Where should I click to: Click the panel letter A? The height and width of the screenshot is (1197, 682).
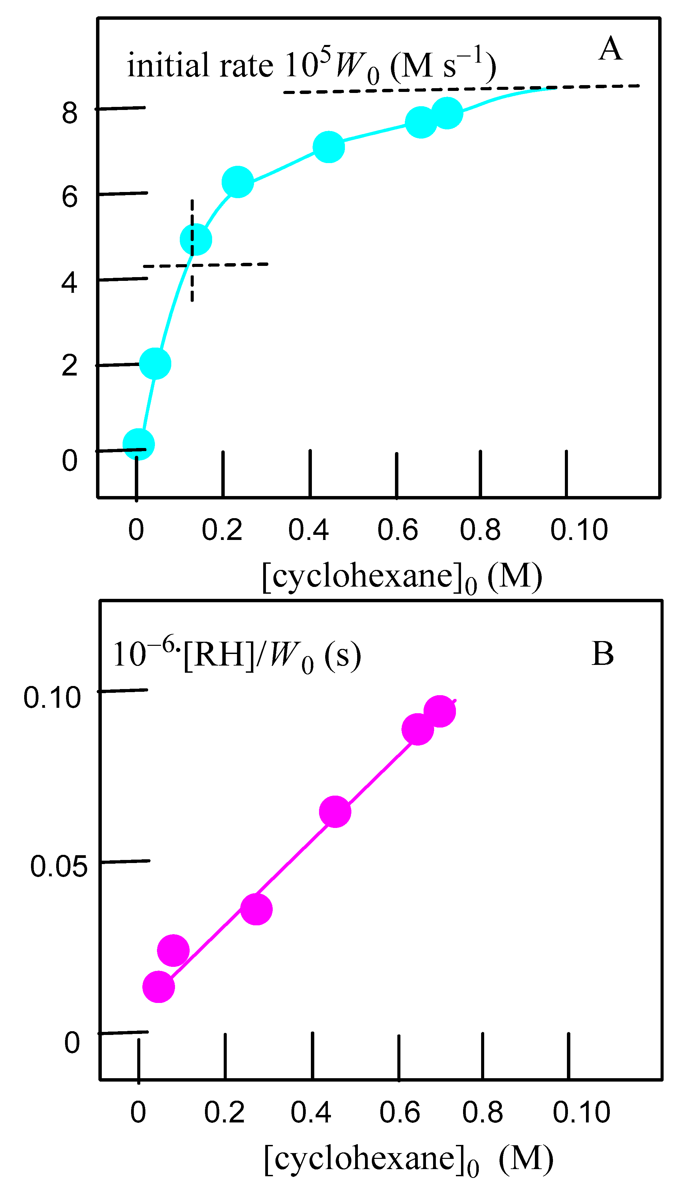click(x=610, y=49)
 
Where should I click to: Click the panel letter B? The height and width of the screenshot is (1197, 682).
click(x=602, y=654)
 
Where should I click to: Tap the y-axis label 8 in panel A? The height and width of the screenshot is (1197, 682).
click(x=69, y=113)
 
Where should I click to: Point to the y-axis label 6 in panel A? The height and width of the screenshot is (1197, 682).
click(x=69, y=197)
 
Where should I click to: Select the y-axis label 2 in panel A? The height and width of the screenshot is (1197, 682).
click(x=69, y=366)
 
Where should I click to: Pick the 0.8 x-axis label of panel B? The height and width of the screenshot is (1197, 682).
click(x=482, y=1112)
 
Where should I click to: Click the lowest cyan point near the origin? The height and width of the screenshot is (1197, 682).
click(x=139, y=444)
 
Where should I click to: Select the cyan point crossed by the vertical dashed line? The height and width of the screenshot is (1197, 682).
click(x=196, y=239)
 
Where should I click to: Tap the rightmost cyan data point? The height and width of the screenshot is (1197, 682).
click(x=447, y=112)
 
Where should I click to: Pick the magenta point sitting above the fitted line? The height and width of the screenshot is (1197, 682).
click(x=173, y=950)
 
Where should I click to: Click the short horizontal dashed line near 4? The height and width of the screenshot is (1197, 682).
click(x=206, y=265)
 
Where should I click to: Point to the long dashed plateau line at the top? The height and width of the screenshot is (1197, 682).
click(x=461, y=89)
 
